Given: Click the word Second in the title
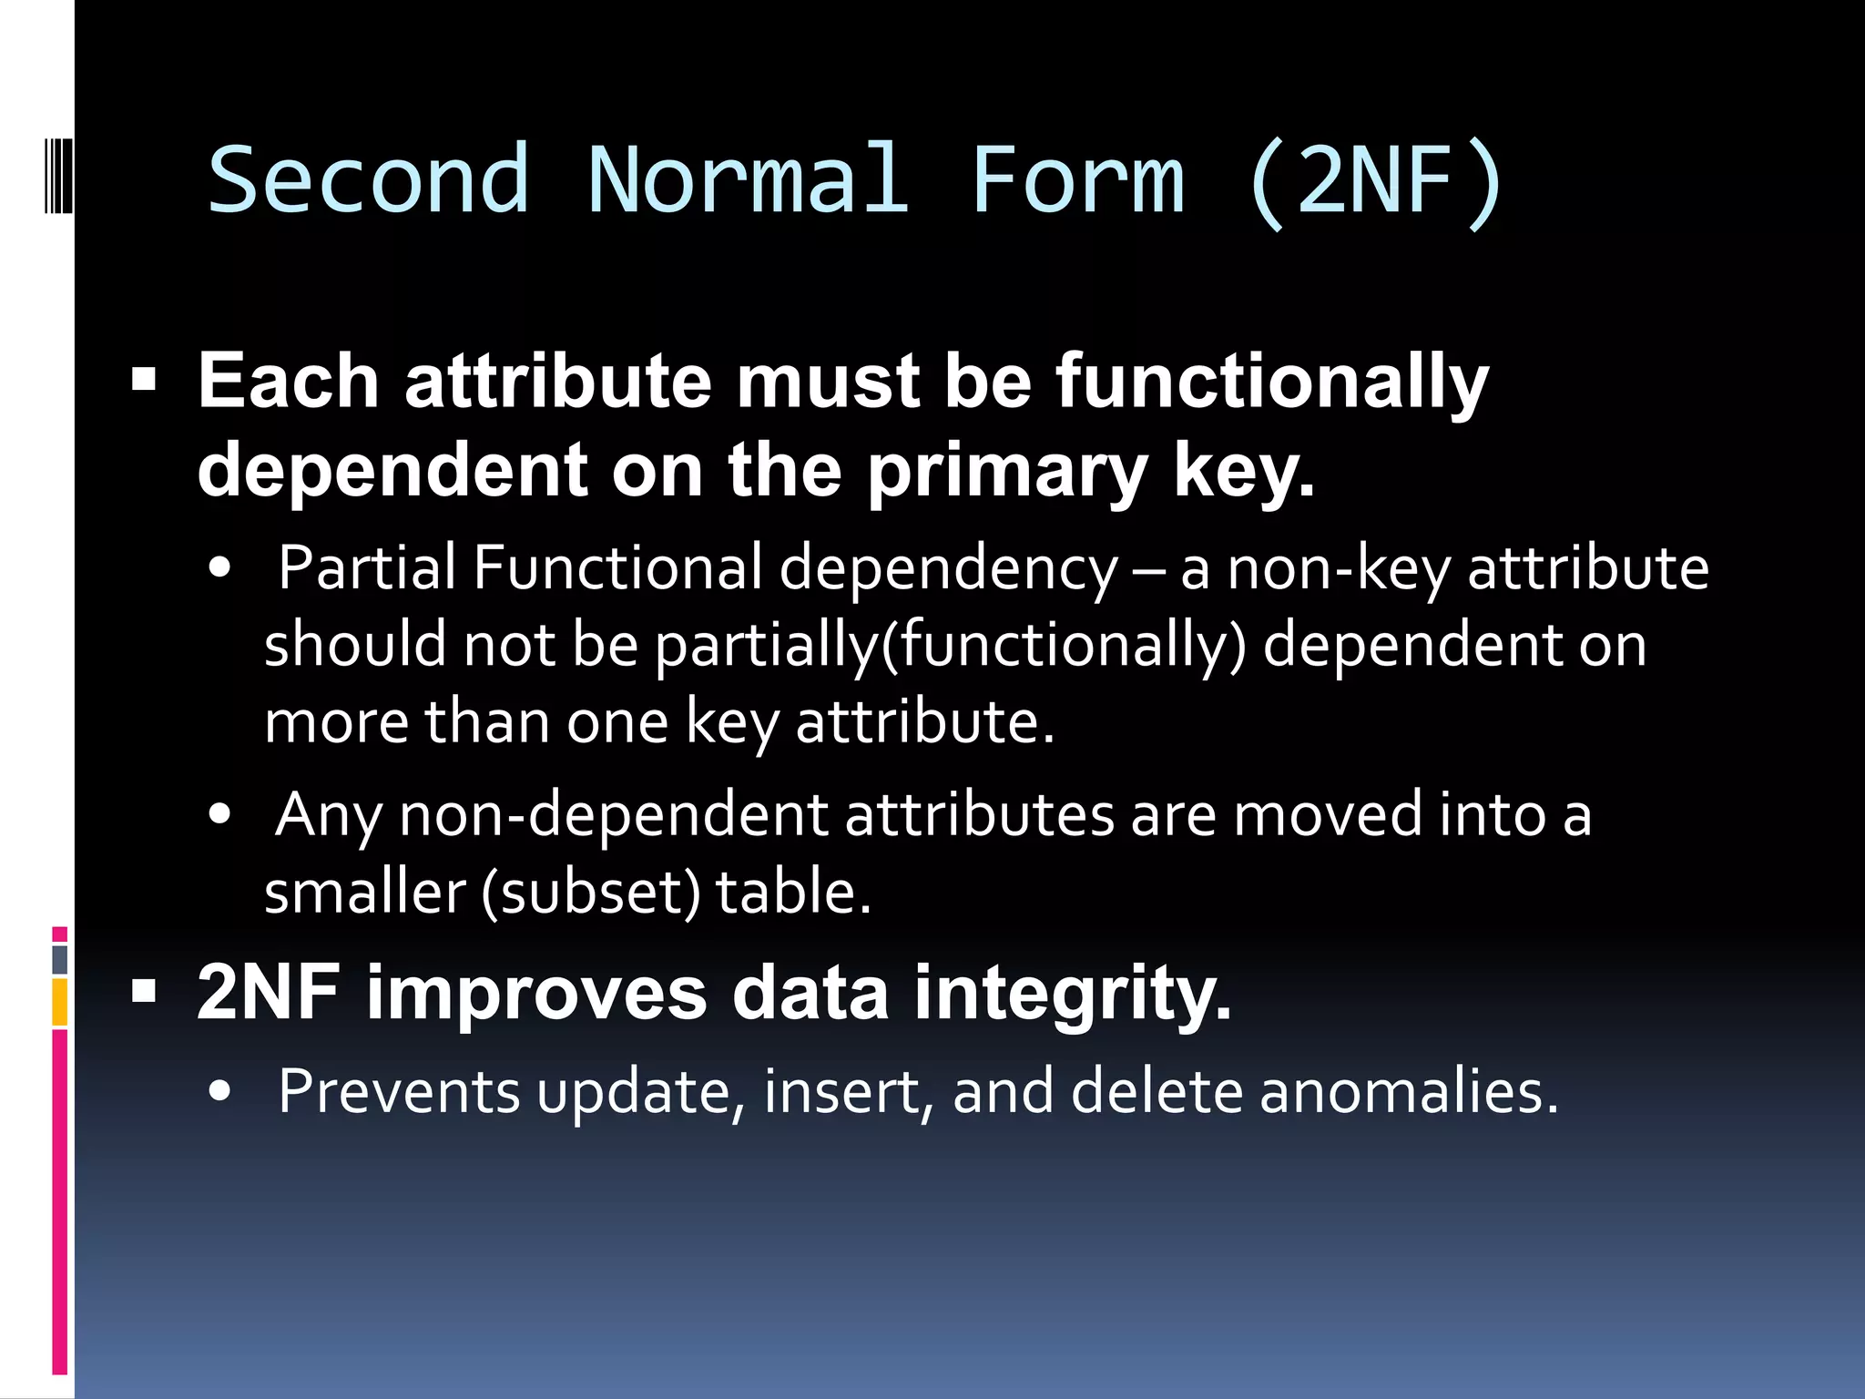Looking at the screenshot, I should [368, 179].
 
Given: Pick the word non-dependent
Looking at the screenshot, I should [614, 814].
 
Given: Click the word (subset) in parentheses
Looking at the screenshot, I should [591, 893].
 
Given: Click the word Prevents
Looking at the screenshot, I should [399, 1091].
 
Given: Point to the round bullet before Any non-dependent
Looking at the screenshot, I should [219, 814].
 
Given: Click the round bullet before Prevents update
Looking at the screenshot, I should [219, 1091].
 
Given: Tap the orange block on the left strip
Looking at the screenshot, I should [60, 1002].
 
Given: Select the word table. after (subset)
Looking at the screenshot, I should [793, 893].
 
